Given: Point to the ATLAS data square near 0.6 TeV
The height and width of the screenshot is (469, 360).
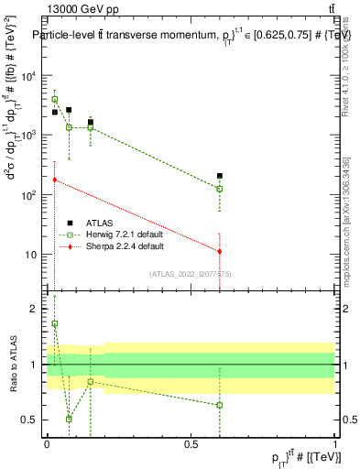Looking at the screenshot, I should (x=220, y=175).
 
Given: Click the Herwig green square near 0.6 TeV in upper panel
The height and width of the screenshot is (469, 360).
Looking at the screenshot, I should (x=220, y=189).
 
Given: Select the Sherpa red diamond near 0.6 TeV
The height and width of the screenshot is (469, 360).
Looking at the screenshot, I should (x=220, y=251).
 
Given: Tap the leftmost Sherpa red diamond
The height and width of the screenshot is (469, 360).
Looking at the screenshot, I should (x=55, y=180).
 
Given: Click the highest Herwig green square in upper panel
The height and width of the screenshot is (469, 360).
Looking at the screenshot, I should (x=55, y=100).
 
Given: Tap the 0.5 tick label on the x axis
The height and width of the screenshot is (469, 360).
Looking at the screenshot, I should (x=191, y=443).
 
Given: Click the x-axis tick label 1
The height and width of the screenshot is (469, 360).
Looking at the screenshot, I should (x=335, y=443).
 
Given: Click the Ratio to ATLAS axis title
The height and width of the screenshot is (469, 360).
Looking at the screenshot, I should (x=13, y=365).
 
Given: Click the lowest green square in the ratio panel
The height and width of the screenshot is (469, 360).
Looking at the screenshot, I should (x=69, y=419).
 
